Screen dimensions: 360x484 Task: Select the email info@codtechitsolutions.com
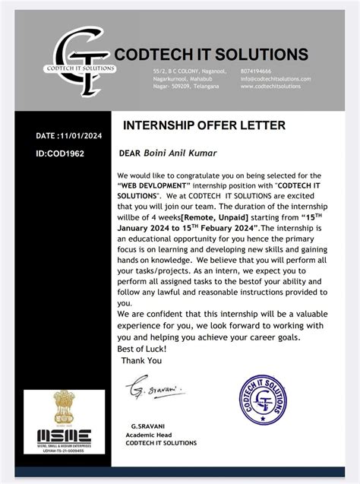(275, 78)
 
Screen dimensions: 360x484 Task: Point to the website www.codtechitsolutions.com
(270, 87)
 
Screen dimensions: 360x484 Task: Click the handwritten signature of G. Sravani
(154, 388)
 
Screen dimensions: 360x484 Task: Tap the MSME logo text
(63, 436)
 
